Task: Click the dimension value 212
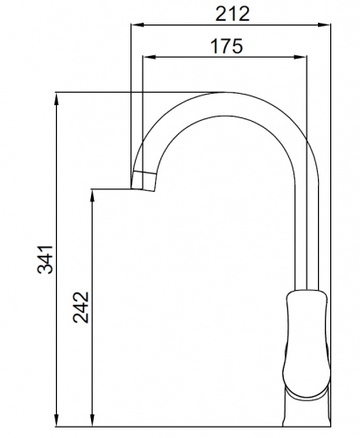click(232, 14)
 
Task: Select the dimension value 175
click(226, 46)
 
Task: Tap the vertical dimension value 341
click(46, 260)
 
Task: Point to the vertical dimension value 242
click(81, 307)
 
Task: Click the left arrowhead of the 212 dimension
click(138, 25)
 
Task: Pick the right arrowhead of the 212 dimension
click(323, 25)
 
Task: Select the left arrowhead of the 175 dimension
click(149, 57)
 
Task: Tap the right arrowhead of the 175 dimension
click(300, 57)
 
